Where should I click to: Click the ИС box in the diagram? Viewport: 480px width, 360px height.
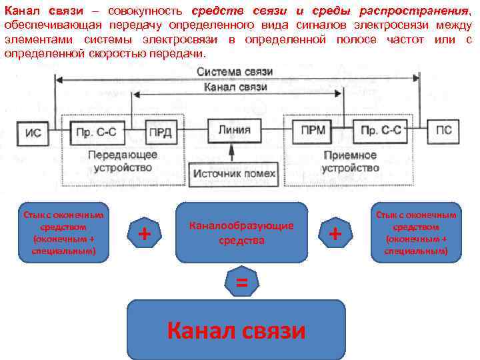tap(33, 132)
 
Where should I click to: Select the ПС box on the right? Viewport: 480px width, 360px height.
tap(443, 131)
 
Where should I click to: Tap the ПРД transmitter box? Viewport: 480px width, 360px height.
tap(159, 131)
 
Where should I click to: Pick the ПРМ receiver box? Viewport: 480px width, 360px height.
tap(313, 130)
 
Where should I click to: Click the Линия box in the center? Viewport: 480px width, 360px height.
tap(234, 130)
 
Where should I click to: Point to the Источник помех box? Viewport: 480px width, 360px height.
tap(233, 173)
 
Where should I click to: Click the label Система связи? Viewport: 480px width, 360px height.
tap(234, 71)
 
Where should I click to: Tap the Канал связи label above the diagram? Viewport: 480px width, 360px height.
tap(234, 87)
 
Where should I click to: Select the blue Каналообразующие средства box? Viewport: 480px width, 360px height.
tap(241, 232)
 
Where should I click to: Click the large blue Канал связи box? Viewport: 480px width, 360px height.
tap(236, 330)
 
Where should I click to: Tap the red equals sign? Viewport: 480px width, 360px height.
tap(241, 283)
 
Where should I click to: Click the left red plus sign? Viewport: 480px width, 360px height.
tap(143, 233)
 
